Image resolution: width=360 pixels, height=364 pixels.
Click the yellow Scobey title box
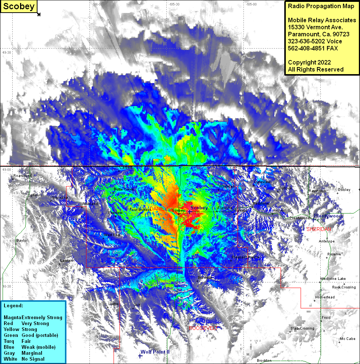pyautogui.click(x=19, y=6)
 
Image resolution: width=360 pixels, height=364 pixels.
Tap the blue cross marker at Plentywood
pyautogui.click(x=313, y=220)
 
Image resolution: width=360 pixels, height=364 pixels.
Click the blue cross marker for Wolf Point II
pyautogui.click(x=140, y=356)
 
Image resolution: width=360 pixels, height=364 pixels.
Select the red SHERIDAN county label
pyautogui.click(x=318, y=229)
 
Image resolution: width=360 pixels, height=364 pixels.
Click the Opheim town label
pyautogui.click(x=35, y=195)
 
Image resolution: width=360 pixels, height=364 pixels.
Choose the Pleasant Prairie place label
pyautogui.click(x=245, y=257)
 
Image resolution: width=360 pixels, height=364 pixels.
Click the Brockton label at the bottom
pyautogui.click(x=264, y=360)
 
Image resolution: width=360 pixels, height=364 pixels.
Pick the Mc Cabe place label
pyautogui.click(x=348, y=338)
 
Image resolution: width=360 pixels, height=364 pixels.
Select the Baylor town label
pyautogui.click(x=22, y=241)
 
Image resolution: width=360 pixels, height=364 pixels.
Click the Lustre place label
pyautogui.click(x=113, y=304)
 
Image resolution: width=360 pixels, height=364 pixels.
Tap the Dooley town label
pyautogui.click(x=344, y=190)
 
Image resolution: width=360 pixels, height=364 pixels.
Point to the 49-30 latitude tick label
pyautogui.click(x=6, y=53)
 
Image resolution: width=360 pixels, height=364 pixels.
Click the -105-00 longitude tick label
pyautogui.click(x=251, y=4)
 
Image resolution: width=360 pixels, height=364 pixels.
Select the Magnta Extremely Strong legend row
pyautogui.click(x=33, y=317)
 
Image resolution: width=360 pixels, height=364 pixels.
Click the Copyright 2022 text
pyautogui.click(x=309, y=62)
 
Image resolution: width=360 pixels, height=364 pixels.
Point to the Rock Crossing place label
pyautogui.click(x=344, y=287)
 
